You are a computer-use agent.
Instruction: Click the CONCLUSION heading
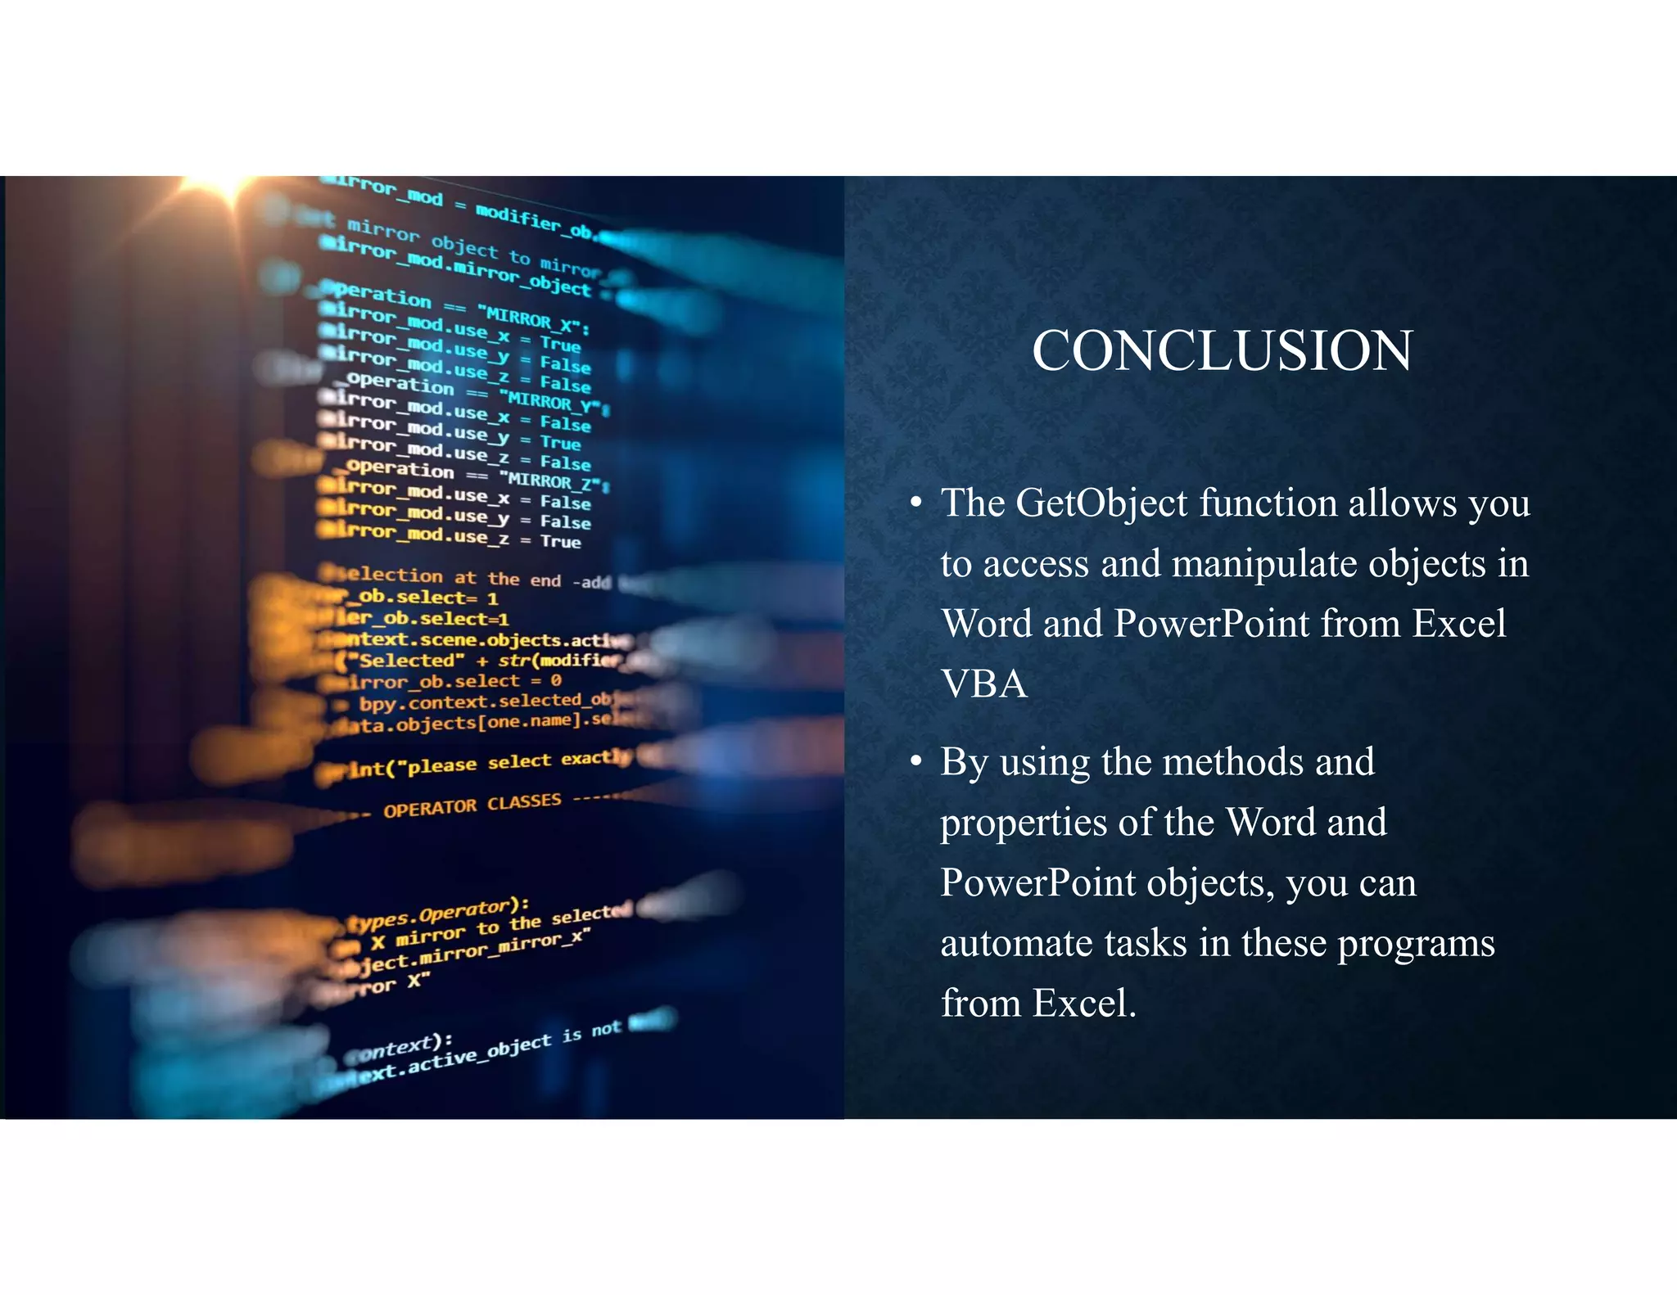[x=1222, y=351]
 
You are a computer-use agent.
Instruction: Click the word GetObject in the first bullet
[x=1101, y=503]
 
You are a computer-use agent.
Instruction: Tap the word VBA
[x=983, y=684]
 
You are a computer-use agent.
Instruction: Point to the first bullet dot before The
[x=916, y=503]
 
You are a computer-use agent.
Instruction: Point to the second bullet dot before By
[x=916, y=762]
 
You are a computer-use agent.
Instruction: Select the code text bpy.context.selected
[x=483, y=702]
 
